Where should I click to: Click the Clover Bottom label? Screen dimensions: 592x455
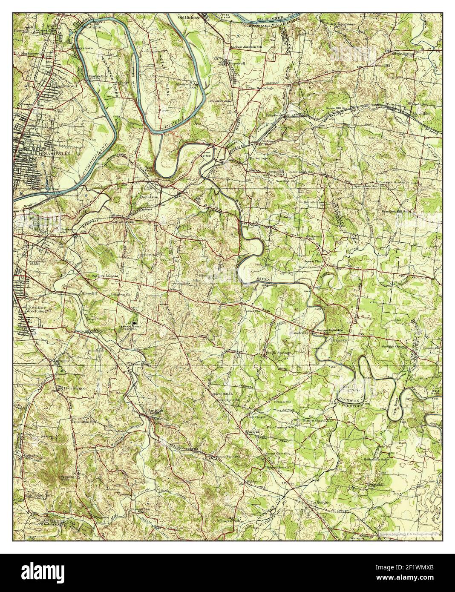tap(206, 154)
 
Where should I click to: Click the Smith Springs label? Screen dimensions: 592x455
tap(277, 353)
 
